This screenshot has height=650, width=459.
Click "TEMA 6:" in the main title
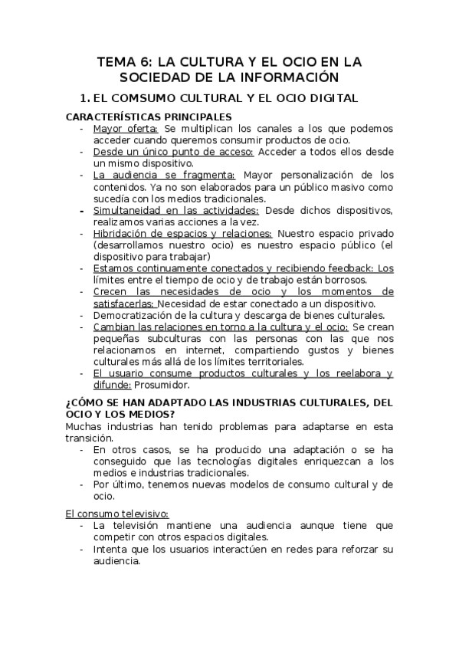125,61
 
